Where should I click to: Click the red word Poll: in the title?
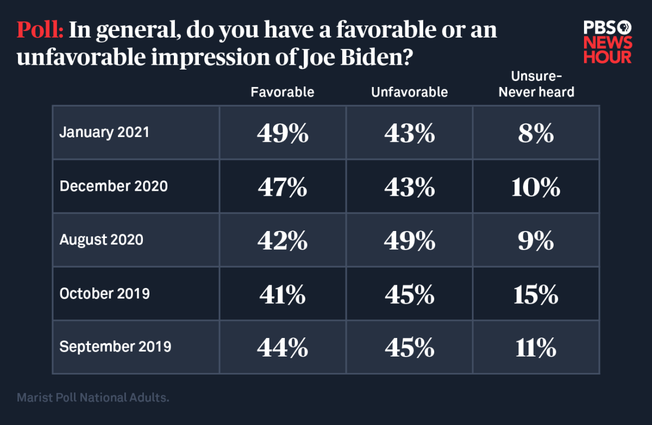[x=41, y=30]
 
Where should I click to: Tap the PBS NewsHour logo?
[x=607, y=42]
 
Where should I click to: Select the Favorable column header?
[x=282, y=92]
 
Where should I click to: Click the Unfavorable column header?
[x=409, y=92]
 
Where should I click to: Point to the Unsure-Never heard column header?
[x=536, y=85]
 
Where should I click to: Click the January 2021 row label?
[x=104, y=133]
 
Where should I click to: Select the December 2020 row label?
[x=114, y=186]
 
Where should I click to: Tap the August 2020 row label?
[x=101, y=240]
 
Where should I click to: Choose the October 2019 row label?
[x=104, y=293]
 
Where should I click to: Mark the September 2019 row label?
[x=115, y=347]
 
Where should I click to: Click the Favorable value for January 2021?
[x=282, y=133]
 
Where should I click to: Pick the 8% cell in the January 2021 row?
[x=536, y=133]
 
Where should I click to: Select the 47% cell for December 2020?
[x=282, y=187]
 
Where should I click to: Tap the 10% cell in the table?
[x=536, y=187]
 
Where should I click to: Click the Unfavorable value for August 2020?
[x=409, y=240]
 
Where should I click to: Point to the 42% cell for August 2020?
[x=282, y=240]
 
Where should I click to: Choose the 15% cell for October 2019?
[x=536, y=294]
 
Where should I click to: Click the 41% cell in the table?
[x=282, y=294]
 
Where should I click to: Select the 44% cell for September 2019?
[x=282, y=347]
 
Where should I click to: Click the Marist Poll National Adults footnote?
[x=93, y=398]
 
